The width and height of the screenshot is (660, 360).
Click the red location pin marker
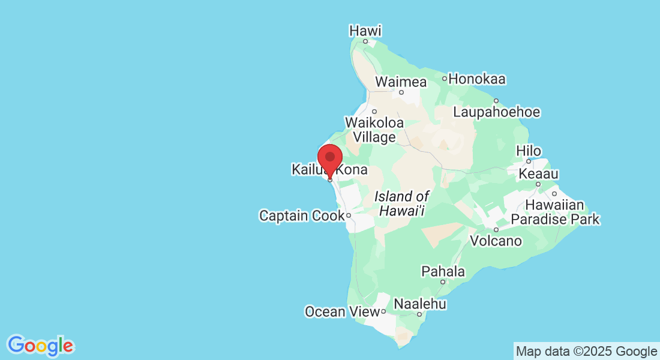click(x=329, y=158)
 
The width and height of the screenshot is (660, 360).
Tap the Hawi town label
click(x=365, y=30)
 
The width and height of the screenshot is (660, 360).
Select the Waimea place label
click(x=401, y=82)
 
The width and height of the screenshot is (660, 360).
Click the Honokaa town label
click(x=477, y=79)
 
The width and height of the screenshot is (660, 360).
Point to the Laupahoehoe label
click(x=496, y=112)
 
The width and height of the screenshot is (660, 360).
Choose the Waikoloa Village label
click(x=374, y=130)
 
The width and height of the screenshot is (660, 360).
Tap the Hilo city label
click(x=529, y=151)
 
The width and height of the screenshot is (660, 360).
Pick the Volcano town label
click(x=496, y=241)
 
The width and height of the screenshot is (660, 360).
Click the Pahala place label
click(x=443, y=271)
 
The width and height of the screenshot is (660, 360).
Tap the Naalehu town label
click(x=420, y=304)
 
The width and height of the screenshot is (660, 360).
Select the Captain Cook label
click(x=302, y=215)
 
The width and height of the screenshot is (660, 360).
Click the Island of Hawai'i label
click(x=402, y=203)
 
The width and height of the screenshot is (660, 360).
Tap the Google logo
click(x=40, y=345)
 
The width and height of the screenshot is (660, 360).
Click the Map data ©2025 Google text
click(x=586, y=351)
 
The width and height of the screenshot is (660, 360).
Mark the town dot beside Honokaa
click(x=445, y=79)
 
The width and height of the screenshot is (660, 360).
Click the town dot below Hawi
click(x=365, y=41)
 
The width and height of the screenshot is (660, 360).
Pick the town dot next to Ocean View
click(x=383, y=311)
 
